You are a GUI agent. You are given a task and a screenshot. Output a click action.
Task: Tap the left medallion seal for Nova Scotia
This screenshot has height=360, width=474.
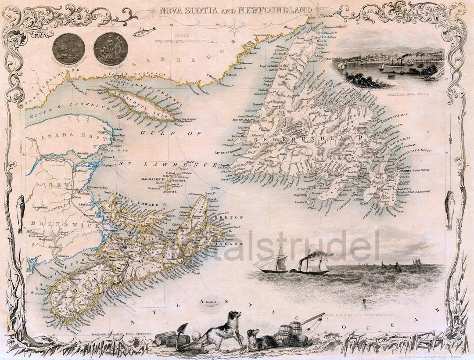point(68,48)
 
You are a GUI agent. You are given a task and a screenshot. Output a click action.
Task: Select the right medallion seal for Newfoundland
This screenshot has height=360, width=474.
point(111,48)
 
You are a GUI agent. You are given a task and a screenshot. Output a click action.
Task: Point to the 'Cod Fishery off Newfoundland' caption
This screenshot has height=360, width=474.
point(360,315)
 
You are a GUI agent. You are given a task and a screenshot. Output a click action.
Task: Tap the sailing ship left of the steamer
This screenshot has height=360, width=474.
point(274,262)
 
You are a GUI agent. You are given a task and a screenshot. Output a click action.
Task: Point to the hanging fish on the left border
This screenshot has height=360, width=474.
point(20,213)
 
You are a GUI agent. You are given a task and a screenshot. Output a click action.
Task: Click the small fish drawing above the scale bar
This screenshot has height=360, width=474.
point(145,31)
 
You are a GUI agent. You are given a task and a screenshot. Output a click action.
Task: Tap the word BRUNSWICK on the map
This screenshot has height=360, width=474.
point(44,223)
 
